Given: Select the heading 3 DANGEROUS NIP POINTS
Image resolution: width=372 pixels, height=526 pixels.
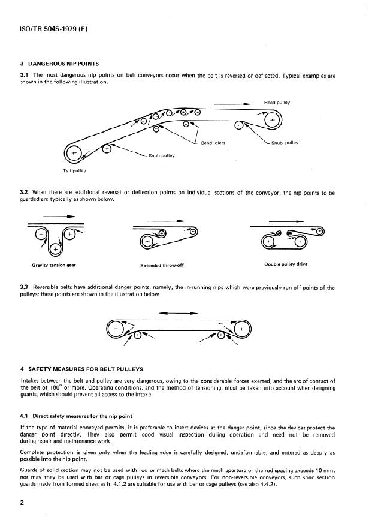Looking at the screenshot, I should point(59,64).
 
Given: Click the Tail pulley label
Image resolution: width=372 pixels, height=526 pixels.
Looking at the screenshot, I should point(75,170).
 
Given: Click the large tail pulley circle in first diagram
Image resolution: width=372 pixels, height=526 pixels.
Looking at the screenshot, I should point(75,154).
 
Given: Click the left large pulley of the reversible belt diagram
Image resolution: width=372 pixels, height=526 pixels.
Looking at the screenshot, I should point(116,329).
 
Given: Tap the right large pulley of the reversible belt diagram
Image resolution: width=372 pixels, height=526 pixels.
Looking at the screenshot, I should point(241,329).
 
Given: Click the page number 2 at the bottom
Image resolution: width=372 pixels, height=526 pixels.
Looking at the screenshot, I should point(23,503).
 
